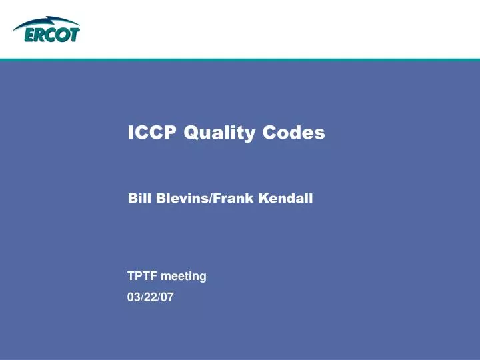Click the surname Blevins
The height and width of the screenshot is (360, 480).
181,198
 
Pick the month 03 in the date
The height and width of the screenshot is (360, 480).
133,298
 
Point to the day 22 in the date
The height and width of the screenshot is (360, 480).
150,298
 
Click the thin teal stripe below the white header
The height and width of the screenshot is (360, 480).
240,60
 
